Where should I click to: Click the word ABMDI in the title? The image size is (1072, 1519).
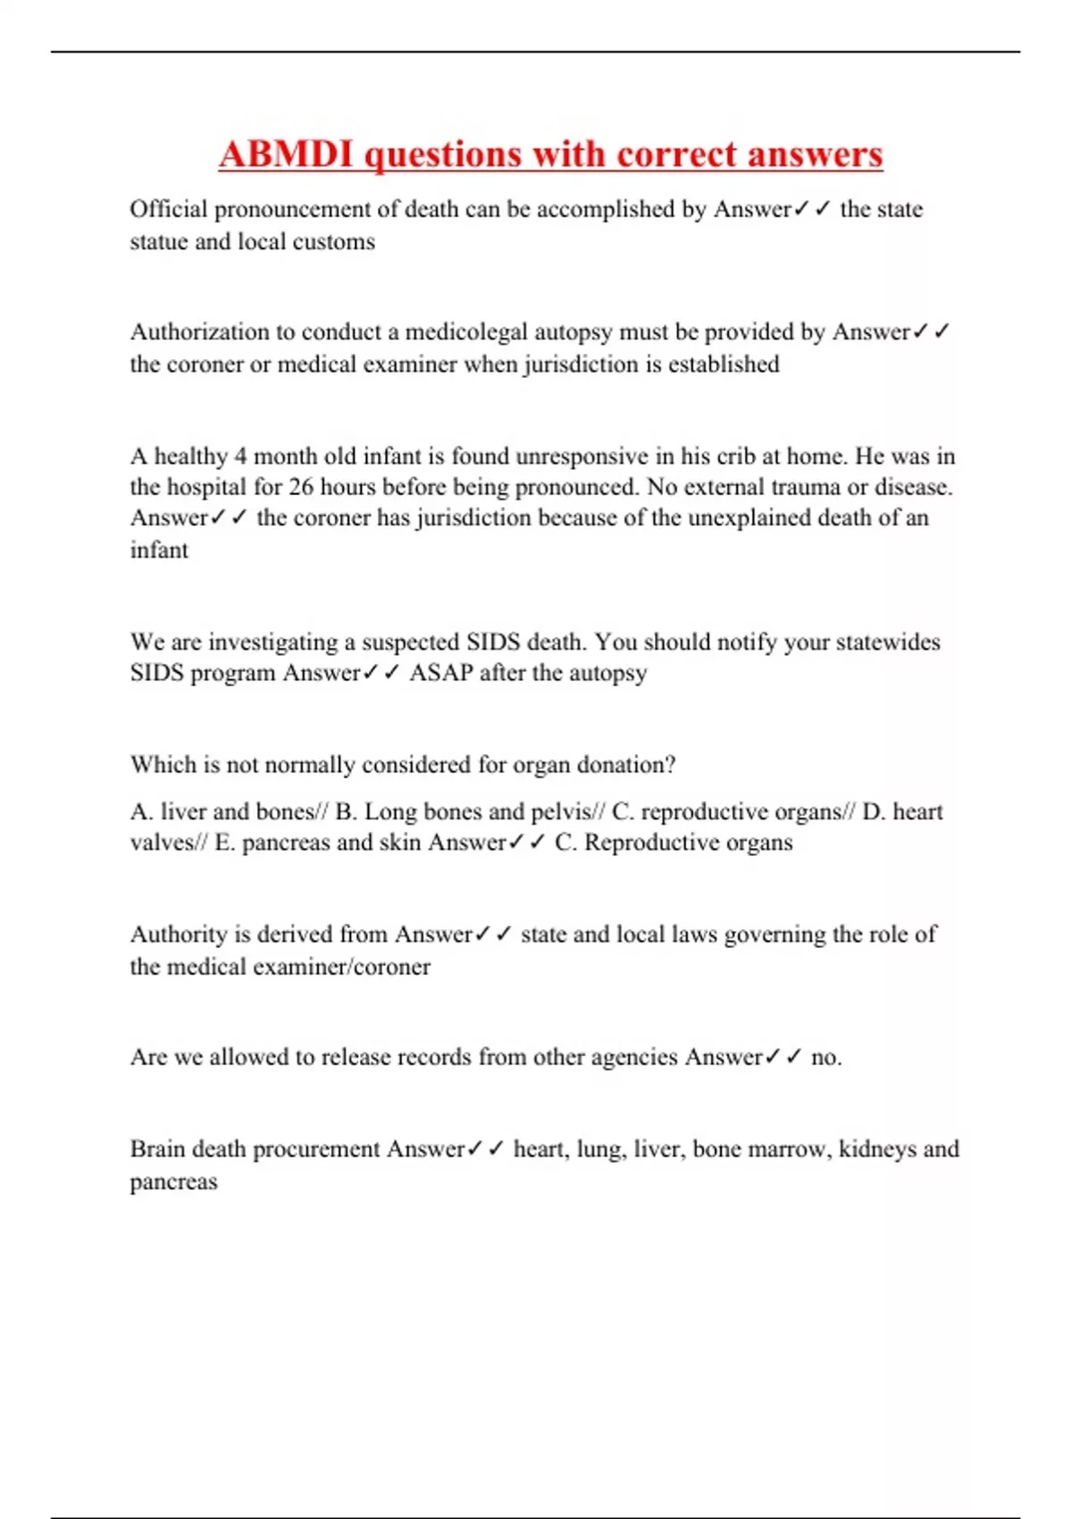[287, 154]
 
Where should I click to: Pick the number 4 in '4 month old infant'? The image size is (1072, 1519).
[240, 457]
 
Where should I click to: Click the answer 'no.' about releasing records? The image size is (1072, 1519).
[825, 1058]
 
